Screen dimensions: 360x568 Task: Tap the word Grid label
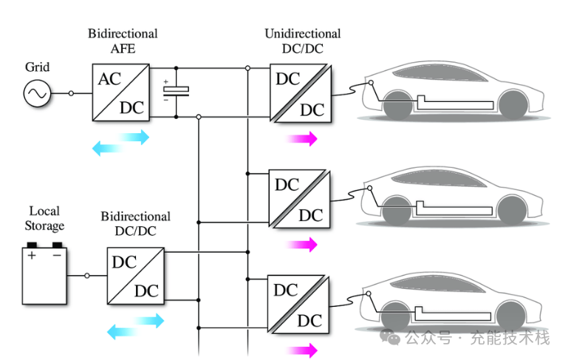pyautogui.click(x=36, y=67)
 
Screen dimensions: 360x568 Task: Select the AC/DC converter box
pyautogui.click(x=121, y=92)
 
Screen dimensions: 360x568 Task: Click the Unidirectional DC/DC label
pyautogui.click(x=302, y=41)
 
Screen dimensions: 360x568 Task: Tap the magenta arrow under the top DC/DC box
pyautogui.click(x=302, y=138)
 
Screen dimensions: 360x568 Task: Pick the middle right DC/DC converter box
pyautogui.click(x=298, y=199)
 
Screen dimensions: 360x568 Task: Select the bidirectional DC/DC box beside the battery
pyautogui.click(x=136, y=276)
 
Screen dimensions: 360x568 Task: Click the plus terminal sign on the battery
pyautogui.click(x=32, y=257)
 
